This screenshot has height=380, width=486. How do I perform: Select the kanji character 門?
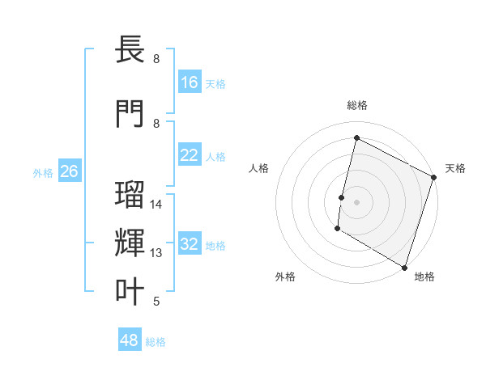130,113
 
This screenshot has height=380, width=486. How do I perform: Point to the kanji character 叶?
130,291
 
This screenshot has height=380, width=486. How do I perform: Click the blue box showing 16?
190,82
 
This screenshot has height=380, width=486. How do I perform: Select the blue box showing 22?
190,155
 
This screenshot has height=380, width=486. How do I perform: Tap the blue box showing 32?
190,244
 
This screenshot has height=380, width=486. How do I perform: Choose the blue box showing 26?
69,171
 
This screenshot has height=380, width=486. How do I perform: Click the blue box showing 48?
130,340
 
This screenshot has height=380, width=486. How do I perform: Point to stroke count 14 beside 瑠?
156,205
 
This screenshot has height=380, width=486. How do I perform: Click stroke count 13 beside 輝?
156,253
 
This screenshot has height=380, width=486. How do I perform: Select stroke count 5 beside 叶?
156,302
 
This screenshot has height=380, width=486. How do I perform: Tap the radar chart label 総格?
357,105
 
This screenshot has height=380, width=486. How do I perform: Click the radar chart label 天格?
455,168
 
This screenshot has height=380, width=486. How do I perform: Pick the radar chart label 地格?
424,277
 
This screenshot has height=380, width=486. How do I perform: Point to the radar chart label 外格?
285,277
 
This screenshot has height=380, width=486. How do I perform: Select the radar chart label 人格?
258,168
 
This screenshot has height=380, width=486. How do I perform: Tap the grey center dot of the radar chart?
356,201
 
